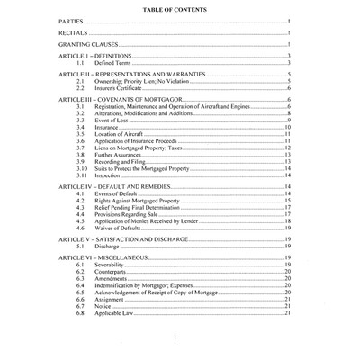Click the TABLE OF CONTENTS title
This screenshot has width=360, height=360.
coord(179,7)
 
